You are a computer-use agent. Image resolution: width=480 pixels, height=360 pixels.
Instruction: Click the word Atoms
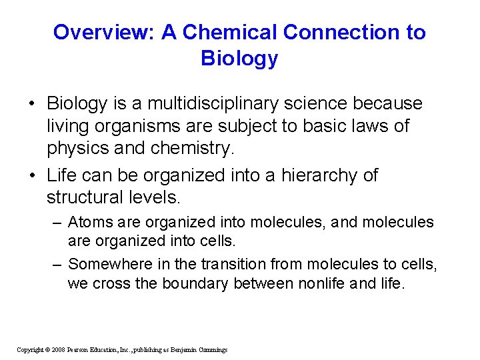90,222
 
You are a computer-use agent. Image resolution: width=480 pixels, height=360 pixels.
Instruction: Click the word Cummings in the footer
211,349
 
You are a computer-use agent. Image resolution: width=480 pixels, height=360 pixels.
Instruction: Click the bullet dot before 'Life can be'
32,176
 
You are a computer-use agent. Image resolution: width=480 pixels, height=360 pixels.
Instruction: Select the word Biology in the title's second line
239,59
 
